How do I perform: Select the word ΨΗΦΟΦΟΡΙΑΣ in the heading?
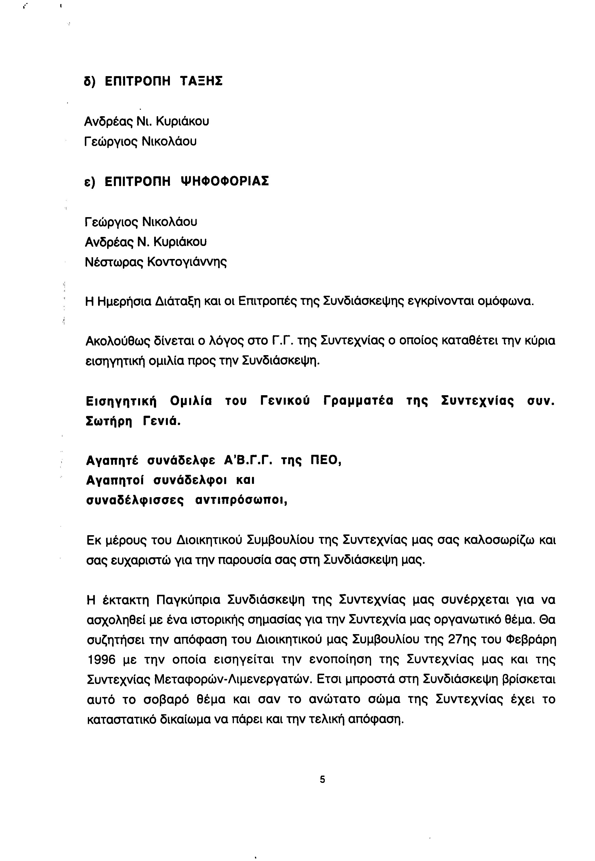point(224,181)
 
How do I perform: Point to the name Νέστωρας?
point(112,262)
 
